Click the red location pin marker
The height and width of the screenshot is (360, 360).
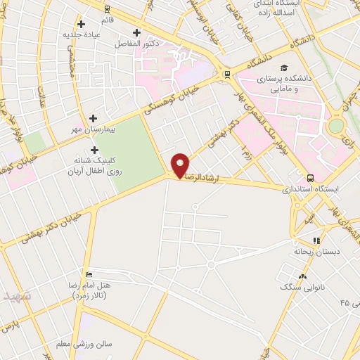click(x=181, y=165)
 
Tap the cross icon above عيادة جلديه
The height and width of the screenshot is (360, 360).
click(x=82, y=24)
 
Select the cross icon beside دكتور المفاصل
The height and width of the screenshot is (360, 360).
click(x=136, y=32)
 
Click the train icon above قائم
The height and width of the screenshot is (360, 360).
click(x=107, y=10)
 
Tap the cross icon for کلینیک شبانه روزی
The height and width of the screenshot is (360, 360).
click(x=94, y=150)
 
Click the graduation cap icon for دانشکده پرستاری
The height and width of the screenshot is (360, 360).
click(x=283, y=68)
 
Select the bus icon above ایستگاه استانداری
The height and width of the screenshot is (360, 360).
click(x=311, y=177)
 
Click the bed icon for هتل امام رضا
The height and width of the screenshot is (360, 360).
click(x=88, y=274)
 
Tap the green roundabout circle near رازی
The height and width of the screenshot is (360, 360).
click(x=337, y=125)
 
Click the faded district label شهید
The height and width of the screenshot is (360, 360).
click(x=17, y=295)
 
